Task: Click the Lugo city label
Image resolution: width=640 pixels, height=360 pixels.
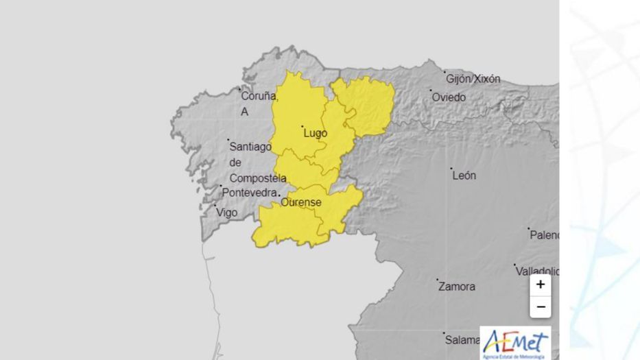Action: tap(315, 134)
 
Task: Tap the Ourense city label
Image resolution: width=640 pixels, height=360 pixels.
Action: tap(300, 202)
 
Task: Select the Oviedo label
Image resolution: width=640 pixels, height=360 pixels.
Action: tap(449, 97)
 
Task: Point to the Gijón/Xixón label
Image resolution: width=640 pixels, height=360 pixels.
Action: tap(473, 79)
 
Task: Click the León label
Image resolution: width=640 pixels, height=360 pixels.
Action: tap(464, 176)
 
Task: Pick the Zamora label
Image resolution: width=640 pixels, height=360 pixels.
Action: tap(456, 287)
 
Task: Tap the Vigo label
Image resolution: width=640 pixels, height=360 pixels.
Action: tap(227, 213)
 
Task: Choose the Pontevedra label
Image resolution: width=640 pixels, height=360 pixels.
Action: tap(249, 193)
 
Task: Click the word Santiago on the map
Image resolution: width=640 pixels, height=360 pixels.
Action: tap(250, 146)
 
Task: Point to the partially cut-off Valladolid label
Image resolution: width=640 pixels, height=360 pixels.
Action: tap(537, 272)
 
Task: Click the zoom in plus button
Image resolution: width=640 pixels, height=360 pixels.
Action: tap(541, 285)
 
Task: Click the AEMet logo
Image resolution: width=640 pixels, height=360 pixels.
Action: tap(515, 342)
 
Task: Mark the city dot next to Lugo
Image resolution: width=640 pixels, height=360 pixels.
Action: tap(303, 127)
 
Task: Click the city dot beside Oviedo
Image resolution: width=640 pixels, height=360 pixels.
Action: tap(431, 91)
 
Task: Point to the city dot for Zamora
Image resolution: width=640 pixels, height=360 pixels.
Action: tap(438, 280)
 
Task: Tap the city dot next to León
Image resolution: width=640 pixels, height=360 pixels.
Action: tap(451, 169)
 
